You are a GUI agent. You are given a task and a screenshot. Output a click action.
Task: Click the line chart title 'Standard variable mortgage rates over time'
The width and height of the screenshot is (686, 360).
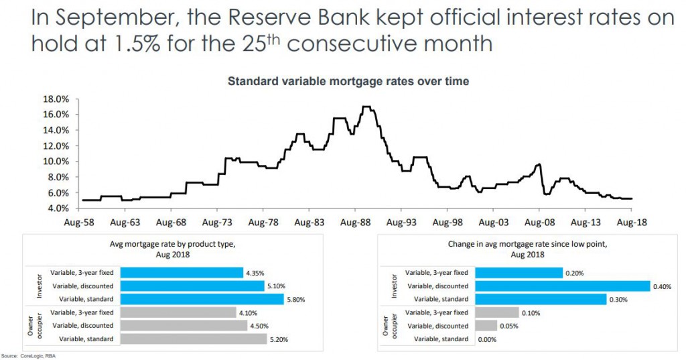[x=348, y=81]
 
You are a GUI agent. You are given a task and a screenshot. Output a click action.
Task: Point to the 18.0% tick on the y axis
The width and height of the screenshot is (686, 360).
[x=56, y=99]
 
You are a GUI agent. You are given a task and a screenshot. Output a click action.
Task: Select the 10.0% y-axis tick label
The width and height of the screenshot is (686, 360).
[x=56, y=162]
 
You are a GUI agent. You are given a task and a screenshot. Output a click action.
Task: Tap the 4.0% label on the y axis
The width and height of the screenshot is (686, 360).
[x=58, y=208]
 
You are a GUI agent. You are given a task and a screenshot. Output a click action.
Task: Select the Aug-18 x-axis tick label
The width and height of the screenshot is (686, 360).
[x=632, y=222]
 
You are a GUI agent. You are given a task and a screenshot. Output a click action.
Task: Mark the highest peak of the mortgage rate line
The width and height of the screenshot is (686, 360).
[x=366, y=107]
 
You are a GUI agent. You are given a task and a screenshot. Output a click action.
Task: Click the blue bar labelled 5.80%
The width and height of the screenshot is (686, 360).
[x=209, y=299]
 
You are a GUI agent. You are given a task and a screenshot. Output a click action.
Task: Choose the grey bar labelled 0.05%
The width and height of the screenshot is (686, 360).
[x=486, y=326]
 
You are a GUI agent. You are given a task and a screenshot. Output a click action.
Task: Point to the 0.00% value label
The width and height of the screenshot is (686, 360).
[x=487, y=339]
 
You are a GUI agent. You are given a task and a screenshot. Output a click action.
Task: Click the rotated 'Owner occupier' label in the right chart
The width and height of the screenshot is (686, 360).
[x=390, y=326]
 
